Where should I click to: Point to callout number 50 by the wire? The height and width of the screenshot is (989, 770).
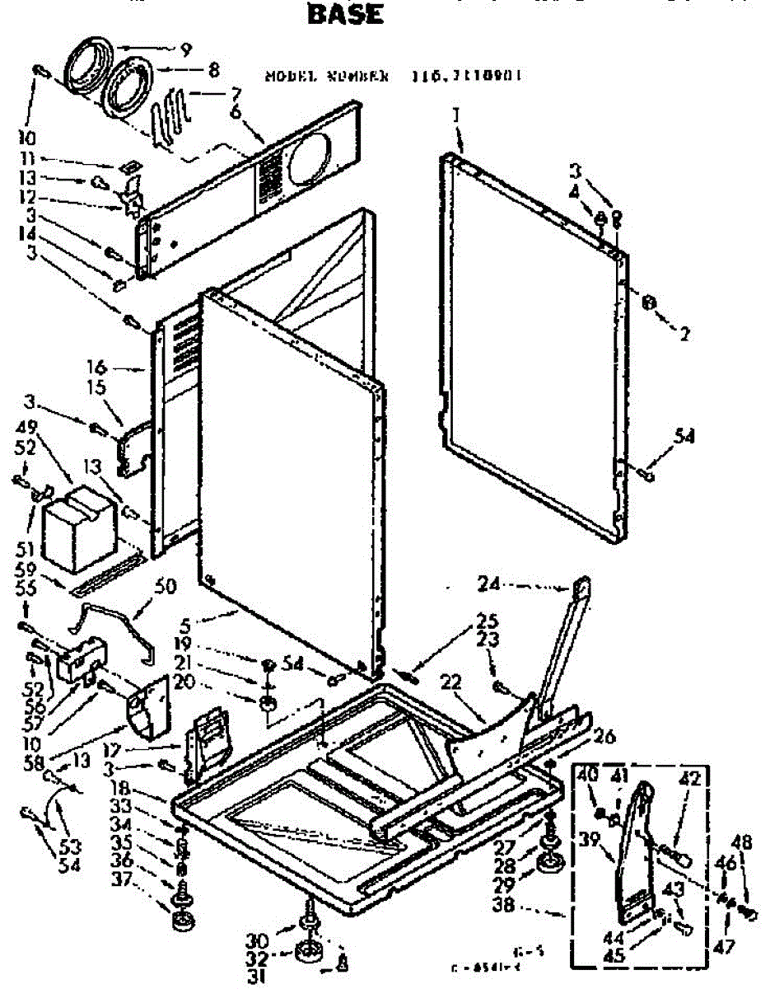[x=166, y=586]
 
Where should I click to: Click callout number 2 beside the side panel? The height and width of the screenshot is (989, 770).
[x=684, y=333]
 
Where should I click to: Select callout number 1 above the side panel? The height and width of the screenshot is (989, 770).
[x=455, y=116]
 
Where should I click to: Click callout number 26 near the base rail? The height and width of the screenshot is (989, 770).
[x=604, y=738]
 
